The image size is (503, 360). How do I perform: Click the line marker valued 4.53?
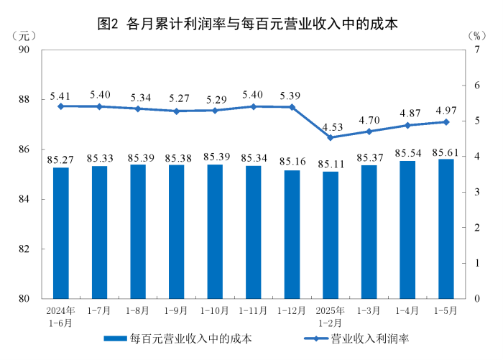click(x=331, y=137)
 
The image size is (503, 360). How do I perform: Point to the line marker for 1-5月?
click(x=446, y=122)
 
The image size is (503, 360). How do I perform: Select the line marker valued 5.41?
click(x=61, y=106)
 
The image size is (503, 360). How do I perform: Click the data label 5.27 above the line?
click(x=176, y=98)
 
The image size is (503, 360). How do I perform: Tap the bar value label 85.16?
click(x=292, y=160)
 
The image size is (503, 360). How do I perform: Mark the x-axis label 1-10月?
click(x=215, y=310)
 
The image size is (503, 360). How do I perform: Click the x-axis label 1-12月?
click(x=292, y=310)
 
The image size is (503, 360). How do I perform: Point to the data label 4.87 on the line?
click(x=407, y=113)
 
